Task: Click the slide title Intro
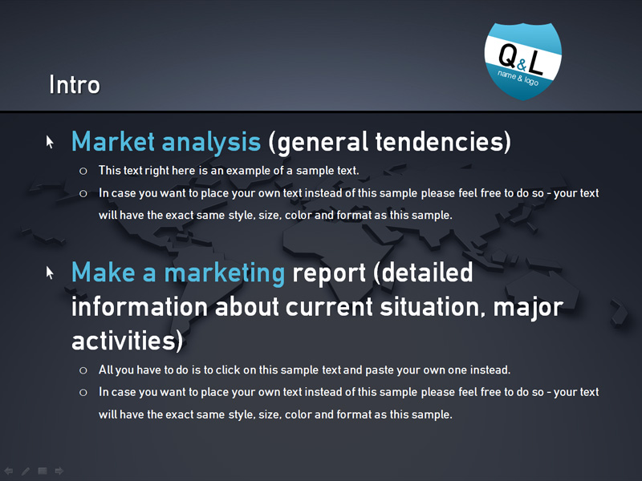tap(75, 84)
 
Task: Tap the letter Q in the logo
tap(508, 55)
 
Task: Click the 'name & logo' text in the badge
tap(518, 78)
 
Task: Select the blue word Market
tap(113, 142)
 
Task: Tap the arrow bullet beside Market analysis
tap(50, 142)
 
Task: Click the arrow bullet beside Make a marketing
tap(50, 273)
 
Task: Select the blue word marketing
tap(225, 273)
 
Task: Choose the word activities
tap(124, 340)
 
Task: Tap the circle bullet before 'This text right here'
tap(83, 171)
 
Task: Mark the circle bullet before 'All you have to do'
tap(83, 370)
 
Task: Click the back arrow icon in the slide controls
tap(9, 471)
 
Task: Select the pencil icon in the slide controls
tap(26, 471)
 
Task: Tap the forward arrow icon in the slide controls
tap(59, 471)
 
